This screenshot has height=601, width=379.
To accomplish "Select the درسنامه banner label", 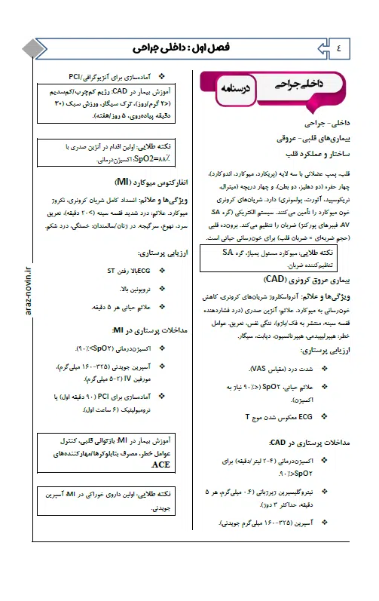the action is [x=234, y=89].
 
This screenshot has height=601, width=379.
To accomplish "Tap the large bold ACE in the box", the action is [x=160, y=465].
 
